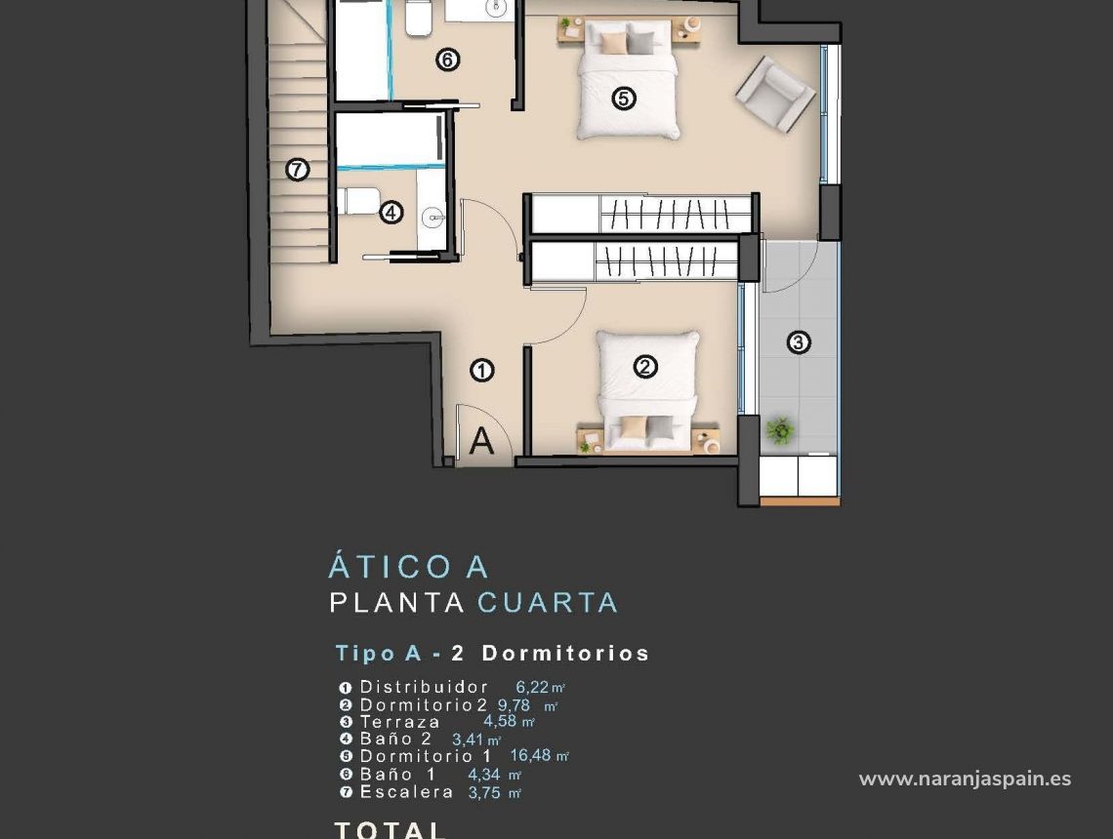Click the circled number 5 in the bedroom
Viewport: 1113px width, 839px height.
click(x=624, y=98)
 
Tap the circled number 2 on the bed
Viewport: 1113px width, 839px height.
click(x=644, y=367)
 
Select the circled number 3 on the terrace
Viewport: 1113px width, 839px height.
click(x=799, y=342)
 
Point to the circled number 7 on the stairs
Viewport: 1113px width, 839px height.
click(x=298, y=170)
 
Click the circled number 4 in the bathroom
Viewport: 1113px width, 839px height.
click(x=392, y=212)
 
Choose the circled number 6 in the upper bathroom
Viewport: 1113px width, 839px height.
click(x=447, y=60)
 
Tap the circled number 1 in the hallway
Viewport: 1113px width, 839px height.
click(x=481, y=370)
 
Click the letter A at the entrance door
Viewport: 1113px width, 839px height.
click(x=481, y=442)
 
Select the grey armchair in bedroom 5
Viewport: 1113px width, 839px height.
click(x=775, y=95)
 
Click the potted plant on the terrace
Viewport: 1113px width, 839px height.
click(x=779, y=429)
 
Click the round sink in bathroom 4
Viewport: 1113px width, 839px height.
click(x=432, y=216)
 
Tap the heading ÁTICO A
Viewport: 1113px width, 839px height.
click(x=409, y=567)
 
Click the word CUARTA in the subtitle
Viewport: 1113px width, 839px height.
click(x=547, y=603)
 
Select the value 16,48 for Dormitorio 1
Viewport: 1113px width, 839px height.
click(x=532, y=755)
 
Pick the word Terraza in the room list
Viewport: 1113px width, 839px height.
click(x=399, y=722)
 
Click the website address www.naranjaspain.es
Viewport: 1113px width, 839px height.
click(x=965, y=779)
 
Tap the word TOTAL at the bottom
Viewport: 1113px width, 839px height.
click(x=391, y=830)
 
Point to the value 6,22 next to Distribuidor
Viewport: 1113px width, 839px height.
click(x=533, y=687)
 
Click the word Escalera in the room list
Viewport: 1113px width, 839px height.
click(x=406, y=792)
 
